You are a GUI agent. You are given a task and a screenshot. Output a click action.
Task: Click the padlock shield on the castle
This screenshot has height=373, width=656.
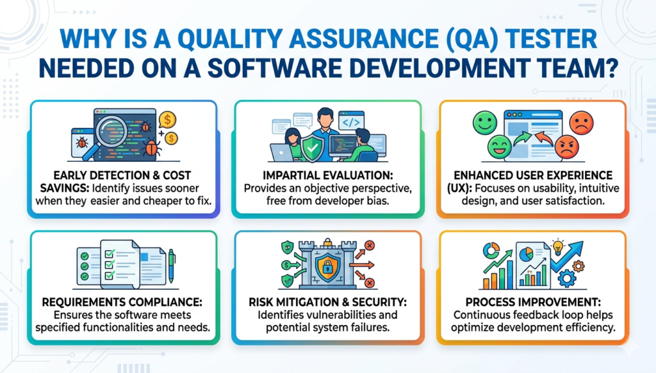pyautogui.click(x=327, y=264)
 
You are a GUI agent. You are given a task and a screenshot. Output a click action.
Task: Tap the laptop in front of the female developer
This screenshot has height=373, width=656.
pyautogui.click(x=283, y=152)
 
